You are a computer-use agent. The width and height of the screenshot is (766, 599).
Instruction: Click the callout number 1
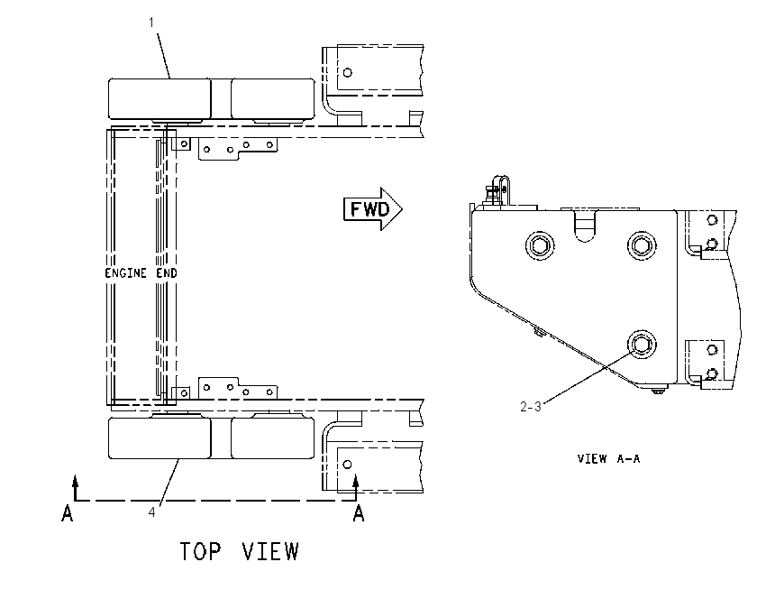click(x=151, y=23)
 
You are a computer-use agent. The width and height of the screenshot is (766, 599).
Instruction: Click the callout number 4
click(x=152, y=512)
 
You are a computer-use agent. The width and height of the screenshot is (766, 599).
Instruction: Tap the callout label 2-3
click(x=531, y=406)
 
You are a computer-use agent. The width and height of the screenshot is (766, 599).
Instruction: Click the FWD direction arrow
click(x=373, y=208)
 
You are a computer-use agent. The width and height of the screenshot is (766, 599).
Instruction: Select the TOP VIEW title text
click(x=240, y=551)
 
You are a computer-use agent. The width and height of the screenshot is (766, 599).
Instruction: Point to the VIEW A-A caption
click(x=608, y=458)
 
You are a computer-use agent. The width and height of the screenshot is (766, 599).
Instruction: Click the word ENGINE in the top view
click(x=125, y=272)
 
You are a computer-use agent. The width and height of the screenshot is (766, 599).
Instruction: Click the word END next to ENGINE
click(x=167, y=272)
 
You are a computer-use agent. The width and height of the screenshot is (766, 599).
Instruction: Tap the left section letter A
click(x=68, y=513)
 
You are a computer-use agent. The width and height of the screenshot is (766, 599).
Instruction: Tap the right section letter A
click(x=359, y=513)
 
